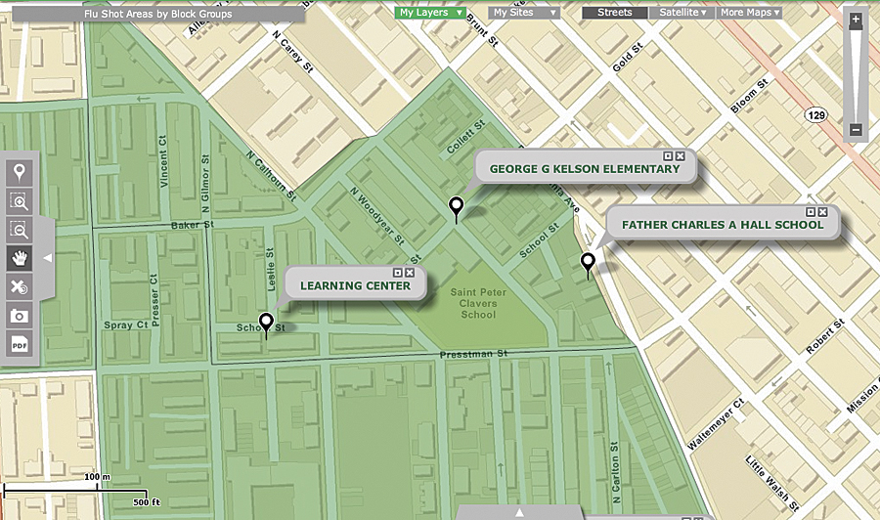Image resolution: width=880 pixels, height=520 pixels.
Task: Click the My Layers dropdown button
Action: [429, 13]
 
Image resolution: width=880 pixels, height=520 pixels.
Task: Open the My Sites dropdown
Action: [524, 13]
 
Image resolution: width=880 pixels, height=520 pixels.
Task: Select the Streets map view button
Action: [614, 13]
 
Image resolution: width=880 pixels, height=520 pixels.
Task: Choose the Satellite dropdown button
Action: [682, 13]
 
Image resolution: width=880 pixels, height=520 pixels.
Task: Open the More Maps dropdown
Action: [750, 13]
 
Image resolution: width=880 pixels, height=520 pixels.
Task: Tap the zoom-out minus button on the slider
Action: [856, 130]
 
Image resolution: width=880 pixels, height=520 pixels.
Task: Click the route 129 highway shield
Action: [815, 115]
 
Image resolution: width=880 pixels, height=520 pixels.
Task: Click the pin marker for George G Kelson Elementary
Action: [455, 206]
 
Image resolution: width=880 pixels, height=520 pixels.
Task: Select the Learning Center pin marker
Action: [266, 322]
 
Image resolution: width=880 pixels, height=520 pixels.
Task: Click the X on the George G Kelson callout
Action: [680, 156]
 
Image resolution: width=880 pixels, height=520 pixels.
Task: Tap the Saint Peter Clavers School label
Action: [474, 303]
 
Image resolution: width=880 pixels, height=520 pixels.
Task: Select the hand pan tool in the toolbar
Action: [19, 258]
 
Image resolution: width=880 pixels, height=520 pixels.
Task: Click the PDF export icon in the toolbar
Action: [19, 343]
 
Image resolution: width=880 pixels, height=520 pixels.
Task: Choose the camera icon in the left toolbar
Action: [19, 315]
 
